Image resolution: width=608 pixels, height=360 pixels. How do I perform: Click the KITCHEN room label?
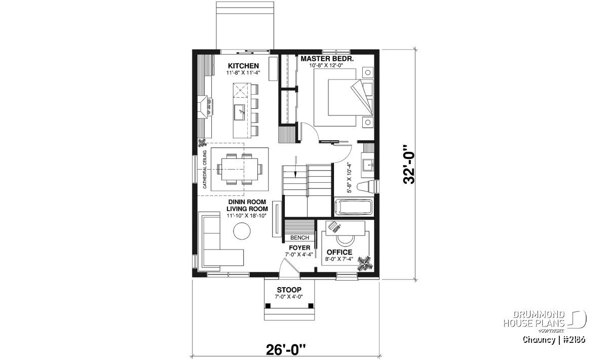(x=243, y=66)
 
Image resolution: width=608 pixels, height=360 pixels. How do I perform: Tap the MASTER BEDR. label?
(x=327, y=59)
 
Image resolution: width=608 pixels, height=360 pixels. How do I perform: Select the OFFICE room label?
(x=339, y=252)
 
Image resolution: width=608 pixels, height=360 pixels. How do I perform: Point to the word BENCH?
(x=299, y=237)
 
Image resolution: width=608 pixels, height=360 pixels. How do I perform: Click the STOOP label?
(x=289, y=290)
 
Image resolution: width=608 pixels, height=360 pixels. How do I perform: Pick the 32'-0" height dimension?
(x=409, y=165)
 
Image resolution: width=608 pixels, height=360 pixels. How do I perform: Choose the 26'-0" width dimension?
(x=286, y=350)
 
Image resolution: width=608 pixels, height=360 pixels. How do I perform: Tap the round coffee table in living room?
(x=242, y=231)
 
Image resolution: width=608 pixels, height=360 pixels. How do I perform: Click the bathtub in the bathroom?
(x=354, y=208)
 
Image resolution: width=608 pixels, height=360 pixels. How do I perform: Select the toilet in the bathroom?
(x=366, y=187)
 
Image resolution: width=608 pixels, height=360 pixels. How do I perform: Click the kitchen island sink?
(x=240, y=112)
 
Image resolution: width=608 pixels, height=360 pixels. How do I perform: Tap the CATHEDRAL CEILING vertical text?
(x=205, y=169)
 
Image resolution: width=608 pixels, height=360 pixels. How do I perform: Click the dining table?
(x=240, y=169)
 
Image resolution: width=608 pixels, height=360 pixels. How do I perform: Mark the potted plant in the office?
(x=364, y=263)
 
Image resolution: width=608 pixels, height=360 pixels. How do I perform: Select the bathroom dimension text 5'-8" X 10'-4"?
(x=349, y=178)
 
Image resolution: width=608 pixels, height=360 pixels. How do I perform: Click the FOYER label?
(x=299, y=248)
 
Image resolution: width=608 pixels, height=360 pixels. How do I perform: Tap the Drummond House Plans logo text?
(x=534, y=319)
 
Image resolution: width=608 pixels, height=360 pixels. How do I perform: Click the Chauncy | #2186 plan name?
(x=554, y=340)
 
